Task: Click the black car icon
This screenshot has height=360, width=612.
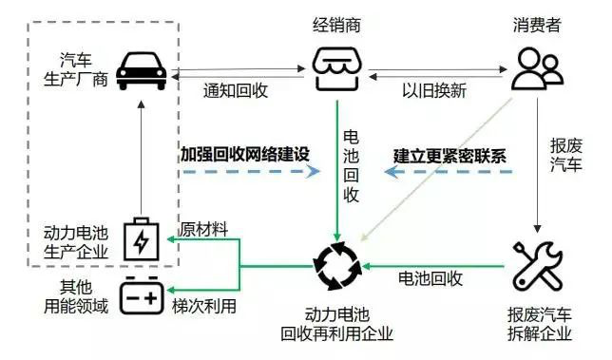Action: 142,71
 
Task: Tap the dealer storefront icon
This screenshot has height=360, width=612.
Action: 336,69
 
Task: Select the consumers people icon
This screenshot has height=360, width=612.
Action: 537,69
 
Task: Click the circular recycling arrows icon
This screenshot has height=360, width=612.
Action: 337,266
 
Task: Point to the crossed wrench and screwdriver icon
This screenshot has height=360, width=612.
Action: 537,266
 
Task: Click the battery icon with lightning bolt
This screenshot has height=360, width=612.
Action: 142,239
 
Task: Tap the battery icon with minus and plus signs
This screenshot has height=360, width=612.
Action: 142,295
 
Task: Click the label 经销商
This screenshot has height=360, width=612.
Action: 336,26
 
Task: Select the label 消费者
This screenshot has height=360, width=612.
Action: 537,26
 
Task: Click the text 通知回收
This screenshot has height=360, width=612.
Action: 236,90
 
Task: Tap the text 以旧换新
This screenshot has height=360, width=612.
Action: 434,90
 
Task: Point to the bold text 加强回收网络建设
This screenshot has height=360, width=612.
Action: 245,155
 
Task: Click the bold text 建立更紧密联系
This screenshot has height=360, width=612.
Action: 449,156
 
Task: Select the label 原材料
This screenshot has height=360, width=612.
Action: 203,229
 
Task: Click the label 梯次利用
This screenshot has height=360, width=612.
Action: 204,306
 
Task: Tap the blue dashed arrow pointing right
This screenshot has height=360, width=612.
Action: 252,171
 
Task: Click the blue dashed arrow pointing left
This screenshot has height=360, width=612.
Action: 449,171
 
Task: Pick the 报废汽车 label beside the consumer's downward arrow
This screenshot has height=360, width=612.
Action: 566,155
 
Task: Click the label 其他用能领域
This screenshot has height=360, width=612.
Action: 76,296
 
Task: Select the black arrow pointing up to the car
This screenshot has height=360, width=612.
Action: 142,158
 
